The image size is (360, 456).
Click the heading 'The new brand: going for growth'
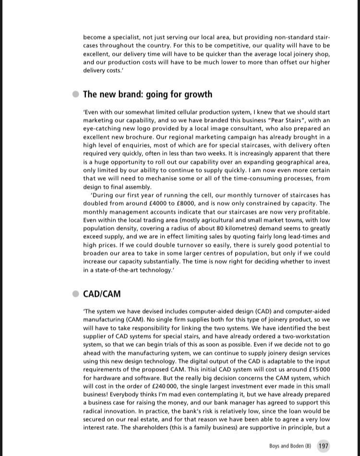point(147,95)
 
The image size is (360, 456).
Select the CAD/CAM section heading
point(102,294)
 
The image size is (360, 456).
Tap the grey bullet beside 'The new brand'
point(76,94)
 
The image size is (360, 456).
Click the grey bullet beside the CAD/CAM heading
point(76,294)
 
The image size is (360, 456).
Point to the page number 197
point(324,446)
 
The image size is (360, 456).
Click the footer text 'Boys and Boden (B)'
point(290,446)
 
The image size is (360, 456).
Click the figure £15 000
point(317,370)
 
